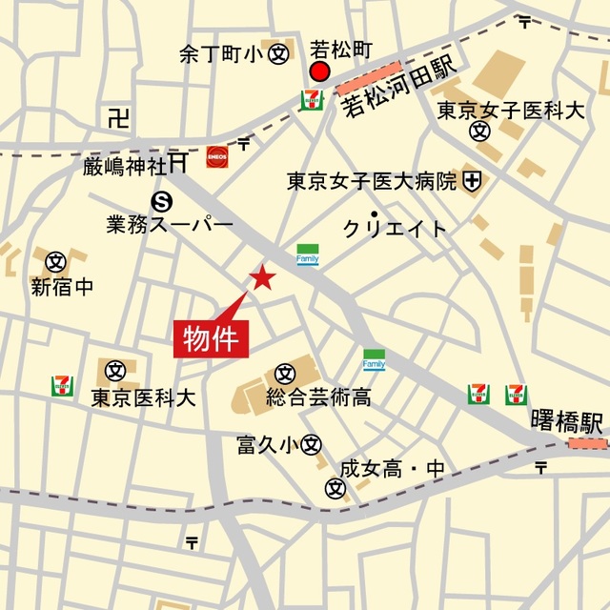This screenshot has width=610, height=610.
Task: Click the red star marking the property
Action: point(261,277)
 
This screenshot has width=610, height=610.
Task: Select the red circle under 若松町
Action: point(320,73)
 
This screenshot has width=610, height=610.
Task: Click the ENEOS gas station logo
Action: point(217,155)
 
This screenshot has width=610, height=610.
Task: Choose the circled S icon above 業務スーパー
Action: point(163,200)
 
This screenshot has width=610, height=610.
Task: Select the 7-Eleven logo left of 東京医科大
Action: point(63,386)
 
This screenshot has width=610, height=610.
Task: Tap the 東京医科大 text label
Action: point(143,397)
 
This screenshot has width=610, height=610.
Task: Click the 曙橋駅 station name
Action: point(567,421)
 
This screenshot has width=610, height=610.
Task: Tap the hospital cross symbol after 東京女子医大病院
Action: point(472,179)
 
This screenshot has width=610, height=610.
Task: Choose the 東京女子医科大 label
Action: point(510,111)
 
